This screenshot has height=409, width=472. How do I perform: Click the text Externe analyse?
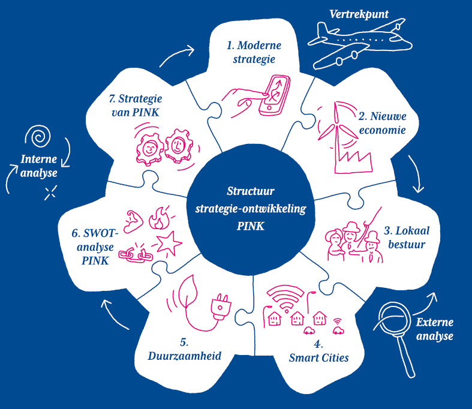coord(434,329)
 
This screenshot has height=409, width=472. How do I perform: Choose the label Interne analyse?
coord(38,166)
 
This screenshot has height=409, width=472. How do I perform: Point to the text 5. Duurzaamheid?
coord(185,349)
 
